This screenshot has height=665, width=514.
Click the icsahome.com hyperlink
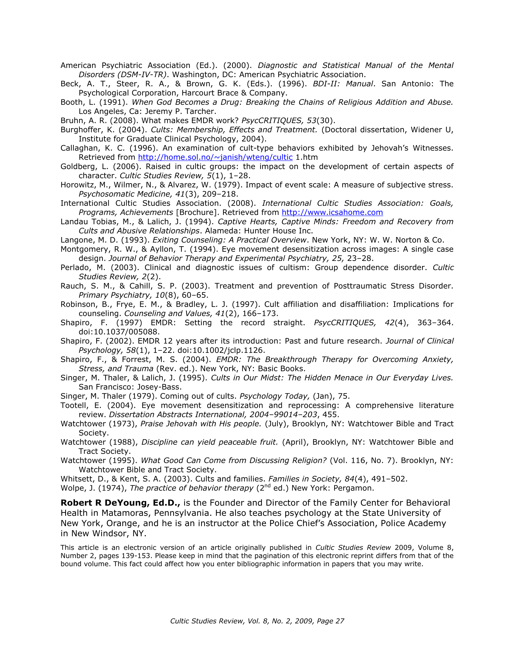click(x=332, y=212)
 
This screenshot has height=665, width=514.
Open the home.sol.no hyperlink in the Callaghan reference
click(x=215, y=157)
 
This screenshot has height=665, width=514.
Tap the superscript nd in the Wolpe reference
click(x=267, y=486)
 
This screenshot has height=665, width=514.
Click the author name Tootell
click(x=74, y=405)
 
